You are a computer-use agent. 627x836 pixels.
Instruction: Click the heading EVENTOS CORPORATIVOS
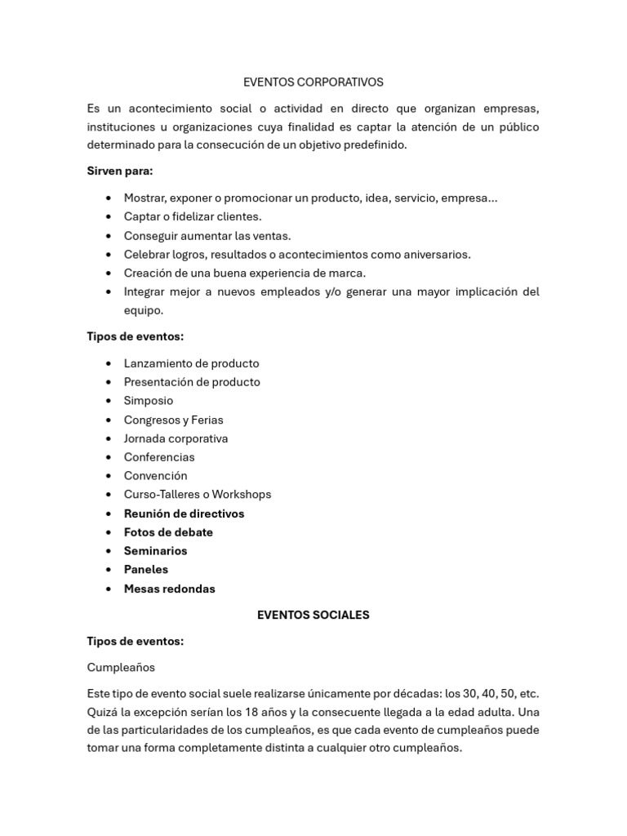pyautogui.click(x=313, y=82)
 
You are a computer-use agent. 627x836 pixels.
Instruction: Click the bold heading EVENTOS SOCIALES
pyautogui.click(x=313, y=615)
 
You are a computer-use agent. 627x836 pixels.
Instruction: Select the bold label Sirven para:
pyautogui.click(x=120, y=171)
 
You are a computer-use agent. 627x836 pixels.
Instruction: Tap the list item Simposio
pyautogui.click(x=149, y=401)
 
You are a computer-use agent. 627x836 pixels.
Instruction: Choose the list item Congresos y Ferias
pyautogui.click(x=173, y=420)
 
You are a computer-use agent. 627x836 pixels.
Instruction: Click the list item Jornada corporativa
pyautogui.click(x=176, y=438)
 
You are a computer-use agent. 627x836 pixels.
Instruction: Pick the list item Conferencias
pyautogui.click(x=159, y=457)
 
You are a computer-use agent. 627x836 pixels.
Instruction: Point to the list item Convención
pyautogui.click(x=155, y=476)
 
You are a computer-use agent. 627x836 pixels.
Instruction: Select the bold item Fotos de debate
pyautogui.click(x=168, y=532)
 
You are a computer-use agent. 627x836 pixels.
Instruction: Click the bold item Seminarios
pyautogui.click(x=155, y=551)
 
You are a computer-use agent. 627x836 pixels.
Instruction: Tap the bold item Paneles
pyautogui.click(x=145, y=570)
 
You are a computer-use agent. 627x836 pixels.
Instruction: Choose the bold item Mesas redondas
pyautogui.click(x=169, y=589)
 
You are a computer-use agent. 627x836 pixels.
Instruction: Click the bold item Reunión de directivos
pyautogui.click(x=184, y=514)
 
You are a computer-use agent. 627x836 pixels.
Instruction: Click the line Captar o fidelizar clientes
pyautogui.click(x=193, y=216)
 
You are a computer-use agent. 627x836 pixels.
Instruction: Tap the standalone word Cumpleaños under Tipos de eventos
pyautogui.click(x=121, y=667)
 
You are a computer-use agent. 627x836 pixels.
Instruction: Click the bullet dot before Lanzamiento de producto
pyautogui.click(x=109, y=363)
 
